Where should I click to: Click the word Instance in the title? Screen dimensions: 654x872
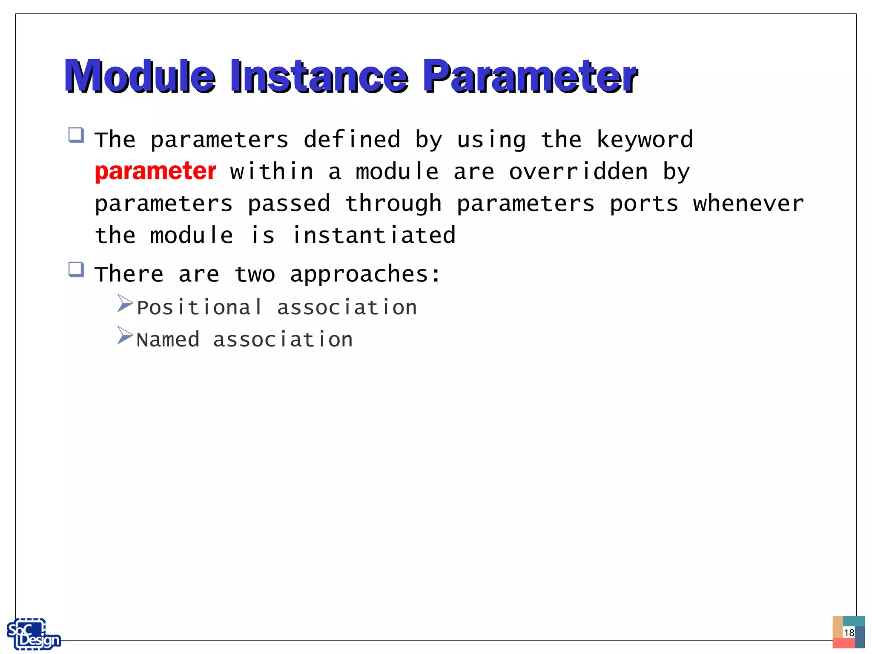click(x=319, y=77)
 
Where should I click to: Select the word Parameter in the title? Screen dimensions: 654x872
click(x=530, y=77)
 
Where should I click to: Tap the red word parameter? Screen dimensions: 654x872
click(x=155, y=172)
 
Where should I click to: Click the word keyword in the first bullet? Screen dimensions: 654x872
click(x=645, y=140)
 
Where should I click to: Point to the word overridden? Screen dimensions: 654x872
click(x=578, y=172)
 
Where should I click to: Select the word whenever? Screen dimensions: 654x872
click(x=748, y=204)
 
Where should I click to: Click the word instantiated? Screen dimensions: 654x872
click(x=374, y=235)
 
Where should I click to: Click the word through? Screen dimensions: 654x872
click(x=393, y=204)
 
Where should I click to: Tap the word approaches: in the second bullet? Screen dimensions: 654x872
click(x=365, y=274)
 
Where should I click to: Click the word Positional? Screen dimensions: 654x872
click(x=199, y=307)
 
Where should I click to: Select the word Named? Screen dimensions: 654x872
click(x=168, y=340)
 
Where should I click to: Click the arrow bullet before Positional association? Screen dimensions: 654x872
click(x=125, y=304)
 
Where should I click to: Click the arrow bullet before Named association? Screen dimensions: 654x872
click(x=125, y=336)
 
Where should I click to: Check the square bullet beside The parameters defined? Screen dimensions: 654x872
click(x=76, y=135)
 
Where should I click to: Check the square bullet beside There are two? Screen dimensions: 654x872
click(x=76, y=270)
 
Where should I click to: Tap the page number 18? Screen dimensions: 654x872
click(x=849, y=633)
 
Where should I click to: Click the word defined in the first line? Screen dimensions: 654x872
click(x=352, y=140)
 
